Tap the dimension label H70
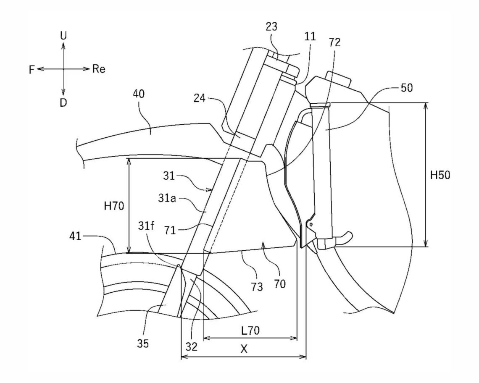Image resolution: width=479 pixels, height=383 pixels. [x=114, y=206]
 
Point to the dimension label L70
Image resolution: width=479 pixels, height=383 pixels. [x=250, y=331]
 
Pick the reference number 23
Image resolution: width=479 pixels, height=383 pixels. [x=271, y=39]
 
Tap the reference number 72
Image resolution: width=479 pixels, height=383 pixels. [x=335, y=42]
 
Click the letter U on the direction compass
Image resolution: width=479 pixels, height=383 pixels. [x=63, y=36]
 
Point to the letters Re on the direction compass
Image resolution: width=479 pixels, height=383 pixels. [x=99, y=69]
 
